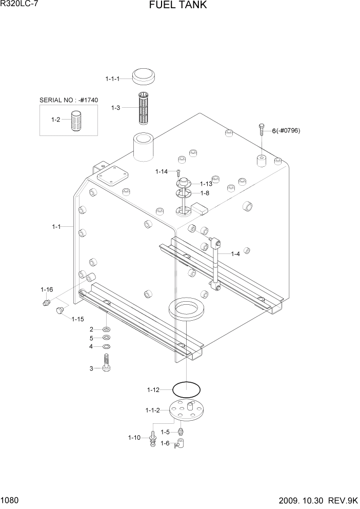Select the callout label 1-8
coord(205,193)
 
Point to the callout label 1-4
coord(235,253)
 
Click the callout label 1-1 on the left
coord(56,226)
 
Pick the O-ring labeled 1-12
coord(186,389)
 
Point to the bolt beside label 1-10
coord(153,438)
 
